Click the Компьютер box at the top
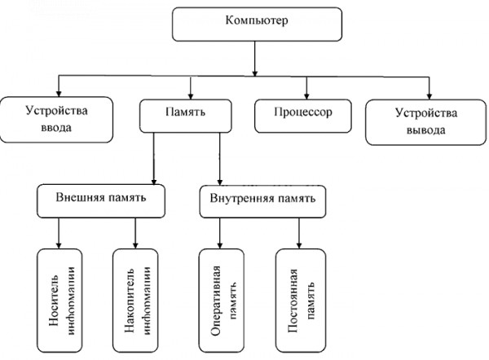click(257, 24)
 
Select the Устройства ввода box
click(56, 120)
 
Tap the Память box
click(186, 116)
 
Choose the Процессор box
click(303, 116)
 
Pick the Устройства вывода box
click(425, 122)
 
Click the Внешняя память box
click(101, 200)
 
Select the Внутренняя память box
click(262, 201)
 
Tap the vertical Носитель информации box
click(59, 301)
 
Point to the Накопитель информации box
click(135, 301)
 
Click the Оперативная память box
click(222, 301)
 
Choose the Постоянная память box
click(301, 301)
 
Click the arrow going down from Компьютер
click(255, 59)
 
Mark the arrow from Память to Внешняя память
click(153, 159)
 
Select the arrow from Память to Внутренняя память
click(220, 159)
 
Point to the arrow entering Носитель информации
click(59, 233)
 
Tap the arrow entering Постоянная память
click(299, 233)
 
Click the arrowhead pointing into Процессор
click(306, 96)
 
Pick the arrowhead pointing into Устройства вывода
click(430, 96)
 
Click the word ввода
click(56, 128)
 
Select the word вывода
click(425, 130)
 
